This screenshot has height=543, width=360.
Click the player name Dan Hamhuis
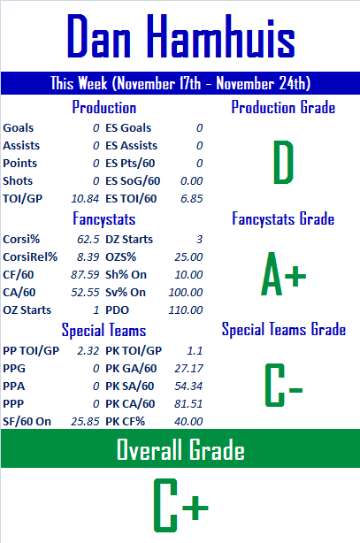(x=180, y=36)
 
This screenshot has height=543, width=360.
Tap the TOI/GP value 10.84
(x=85, y=199)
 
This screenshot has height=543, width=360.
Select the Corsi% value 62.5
(x=88, y=240)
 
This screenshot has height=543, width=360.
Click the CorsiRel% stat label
(x=30, y=257)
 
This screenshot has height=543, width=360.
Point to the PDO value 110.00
(x=186, y=310)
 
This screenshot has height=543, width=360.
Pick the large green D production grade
(x=283, y=162)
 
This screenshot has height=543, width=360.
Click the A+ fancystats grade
(x=283, y=274)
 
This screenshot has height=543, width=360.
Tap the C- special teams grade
(x=284, y=385)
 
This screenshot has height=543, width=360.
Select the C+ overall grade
(x=180, y=505)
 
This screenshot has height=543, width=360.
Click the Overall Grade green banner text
(x=180, y=449)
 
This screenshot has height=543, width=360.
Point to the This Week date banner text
(x=180, y=83)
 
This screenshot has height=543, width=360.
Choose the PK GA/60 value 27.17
(x=188, y=369)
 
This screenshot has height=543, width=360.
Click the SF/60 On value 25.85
(x=85, y=422)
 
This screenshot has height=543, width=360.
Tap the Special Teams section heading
(x=103, y=330)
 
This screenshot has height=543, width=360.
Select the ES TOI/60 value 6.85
(x=192, y=199)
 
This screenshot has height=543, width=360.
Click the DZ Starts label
(x=129, y=240)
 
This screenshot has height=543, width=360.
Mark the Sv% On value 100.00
(x=186, y=292)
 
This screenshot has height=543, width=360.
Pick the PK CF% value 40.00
(x=188, y=422)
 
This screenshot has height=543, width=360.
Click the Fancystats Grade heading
(x=283, y=218)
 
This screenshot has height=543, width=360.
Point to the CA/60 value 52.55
(x=85, y=292)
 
